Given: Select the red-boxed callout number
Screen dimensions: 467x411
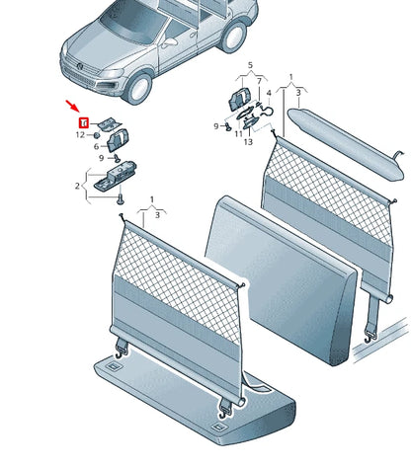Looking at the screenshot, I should click(x=84, y=122).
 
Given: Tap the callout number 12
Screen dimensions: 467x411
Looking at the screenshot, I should click(x=81, y=134).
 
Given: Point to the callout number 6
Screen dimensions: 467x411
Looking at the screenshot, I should click(x=97, y=146).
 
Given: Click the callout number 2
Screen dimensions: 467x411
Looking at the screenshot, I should click(x=78, y=185).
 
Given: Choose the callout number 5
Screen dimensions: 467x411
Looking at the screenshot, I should click(x=250, y=66).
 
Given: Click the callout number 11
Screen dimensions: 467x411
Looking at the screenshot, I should click(x=239, y=133).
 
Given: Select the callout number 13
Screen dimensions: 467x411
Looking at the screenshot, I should click(x=248, y=142).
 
